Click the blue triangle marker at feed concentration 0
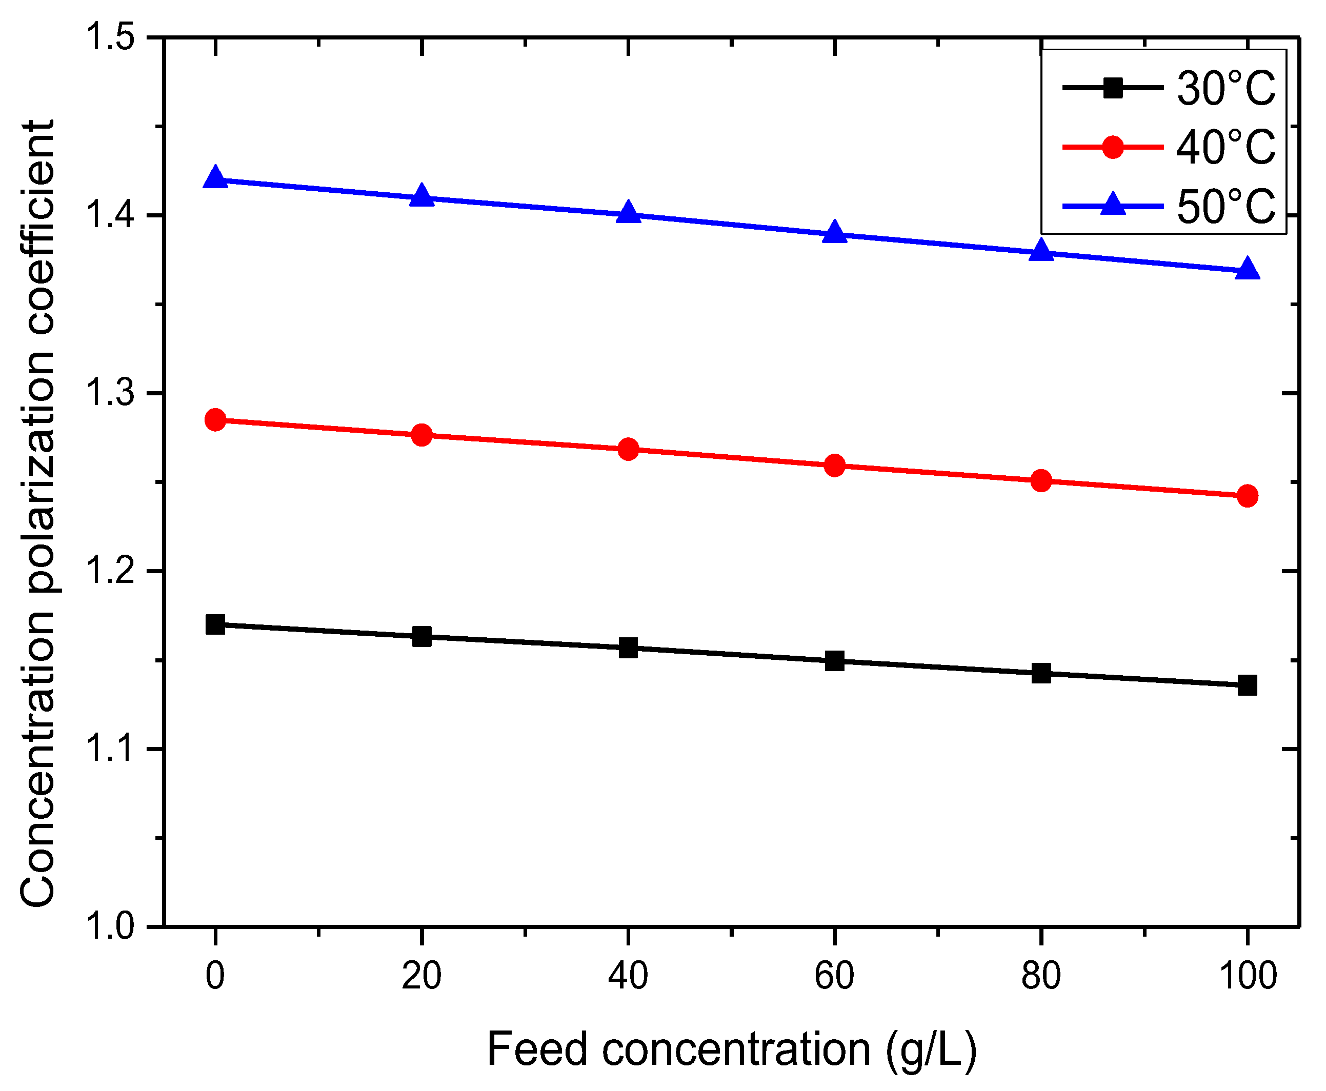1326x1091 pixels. click(215, 178)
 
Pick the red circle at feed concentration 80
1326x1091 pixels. click(1041, 481)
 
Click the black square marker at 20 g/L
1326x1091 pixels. click(421, 637)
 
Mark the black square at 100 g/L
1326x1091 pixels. click(1248, 685)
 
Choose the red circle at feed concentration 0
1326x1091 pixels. click(215, 419)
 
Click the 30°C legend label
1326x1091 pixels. click(1226, 88)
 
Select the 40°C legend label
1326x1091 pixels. click(1226, 147)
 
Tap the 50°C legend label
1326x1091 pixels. click(1226, 206)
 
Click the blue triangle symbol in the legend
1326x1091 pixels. click(1113, 204)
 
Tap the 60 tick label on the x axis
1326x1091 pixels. click(835, 977)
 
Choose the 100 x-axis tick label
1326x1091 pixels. click(1248, 977)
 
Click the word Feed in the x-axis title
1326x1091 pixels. click(537, 1049)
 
